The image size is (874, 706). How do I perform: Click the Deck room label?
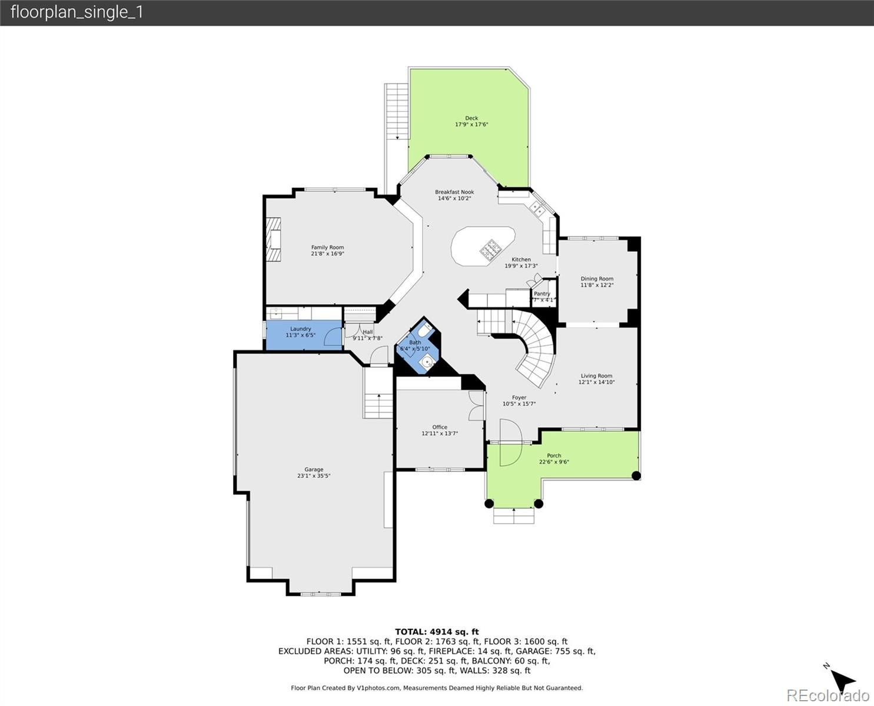471,118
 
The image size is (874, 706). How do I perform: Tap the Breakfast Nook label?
454,192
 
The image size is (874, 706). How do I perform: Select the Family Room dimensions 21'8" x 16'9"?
327,254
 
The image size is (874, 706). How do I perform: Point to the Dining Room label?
597,279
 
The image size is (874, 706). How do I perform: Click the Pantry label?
541,294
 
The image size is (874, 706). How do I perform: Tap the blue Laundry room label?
300,329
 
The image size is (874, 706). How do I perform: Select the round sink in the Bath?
427,361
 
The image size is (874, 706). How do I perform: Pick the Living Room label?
596,376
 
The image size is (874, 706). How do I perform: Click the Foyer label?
519,398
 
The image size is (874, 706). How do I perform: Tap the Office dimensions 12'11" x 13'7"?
439,434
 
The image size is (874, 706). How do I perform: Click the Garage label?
314,469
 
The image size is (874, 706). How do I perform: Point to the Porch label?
554,455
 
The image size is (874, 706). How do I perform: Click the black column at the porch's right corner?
636,475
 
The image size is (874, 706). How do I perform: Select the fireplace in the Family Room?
273,239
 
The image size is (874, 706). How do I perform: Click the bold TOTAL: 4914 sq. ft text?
437,632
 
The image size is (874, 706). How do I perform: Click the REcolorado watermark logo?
828,695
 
